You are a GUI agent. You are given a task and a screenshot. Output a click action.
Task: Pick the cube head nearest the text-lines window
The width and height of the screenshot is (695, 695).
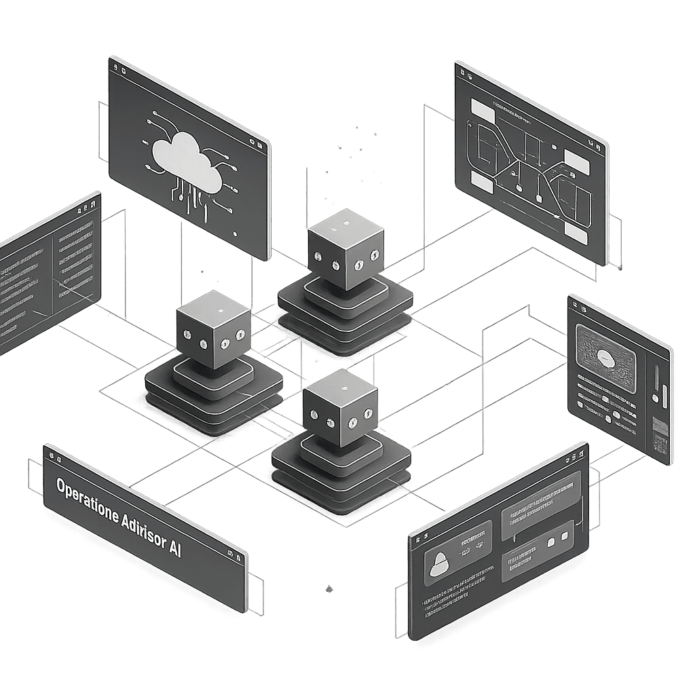tap(212, 330)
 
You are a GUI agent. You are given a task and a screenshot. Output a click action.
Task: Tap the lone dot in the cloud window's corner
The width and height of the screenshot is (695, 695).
tap(235, 233)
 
